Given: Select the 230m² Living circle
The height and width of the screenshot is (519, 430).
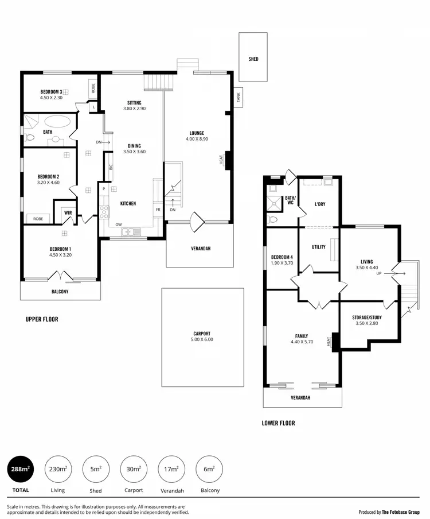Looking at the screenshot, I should click(x=57, y=470).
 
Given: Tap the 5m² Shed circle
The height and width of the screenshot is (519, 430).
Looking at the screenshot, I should click(x=96, y=470).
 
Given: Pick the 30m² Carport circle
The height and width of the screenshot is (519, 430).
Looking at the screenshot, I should click(x=133, y=470).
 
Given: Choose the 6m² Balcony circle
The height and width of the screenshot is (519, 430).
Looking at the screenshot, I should click(x=209, y=470).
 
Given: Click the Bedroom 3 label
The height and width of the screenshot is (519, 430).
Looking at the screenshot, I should click(x=51, y=92).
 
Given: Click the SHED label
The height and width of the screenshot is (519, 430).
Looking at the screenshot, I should click(x=253, y=59).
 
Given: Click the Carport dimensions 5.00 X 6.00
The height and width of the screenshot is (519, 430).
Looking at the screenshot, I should click(x=201, y=340).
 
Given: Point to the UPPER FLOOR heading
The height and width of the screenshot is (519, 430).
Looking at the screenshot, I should click(x=42, y=319).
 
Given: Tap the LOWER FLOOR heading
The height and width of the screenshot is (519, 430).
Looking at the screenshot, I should click(x=278, y=424).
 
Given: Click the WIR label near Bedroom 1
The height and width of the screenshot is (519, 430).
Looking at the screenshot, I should click(x=68, y=213).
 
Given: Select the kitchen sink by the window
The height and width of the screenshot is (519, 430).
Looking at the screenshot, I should click(x=131, y=231).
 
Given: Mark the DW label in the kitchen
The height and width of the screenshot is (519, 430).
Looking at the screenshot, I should click(x=118, y=224).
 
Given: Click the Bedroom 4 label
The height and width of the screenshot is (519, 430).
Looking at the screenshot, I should click(x=282, y=257).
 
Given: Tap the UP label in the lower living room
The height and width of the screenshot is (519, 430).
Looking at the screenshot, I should click(x=378, y=274).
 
